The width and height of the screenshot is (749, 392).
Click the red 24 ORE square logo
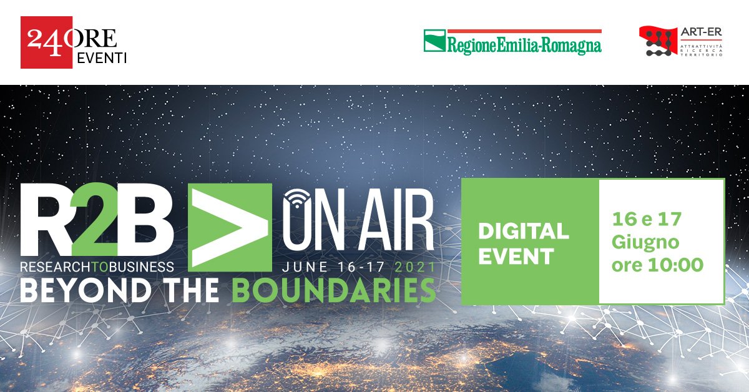[x=46, y=42]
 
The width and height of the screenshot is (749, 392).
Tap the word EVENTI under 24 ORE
[x=102, y=58]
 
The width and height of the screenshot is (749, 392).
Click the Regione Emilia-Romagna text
[x=524, y=46]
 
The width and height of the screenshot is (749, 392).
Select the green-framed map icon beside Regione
[x=434, y=41]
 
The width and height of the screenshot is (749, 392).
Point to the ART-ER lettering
[x=702, y=32]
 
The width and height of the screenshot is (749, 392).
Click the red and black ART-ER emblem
[x=656, y=41]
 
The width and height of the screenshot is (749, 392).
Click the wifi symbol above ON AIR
[x=297, y=198]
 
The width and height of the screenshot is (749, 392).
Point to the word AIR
[x=396, y=221]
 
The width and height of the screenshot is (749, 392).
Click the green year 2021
[x=415, y=267]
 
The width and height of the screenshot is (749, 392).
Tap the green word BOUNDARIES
[x=334, y=290]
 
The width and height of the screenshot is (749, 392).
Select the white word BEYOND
[x=86, y=290]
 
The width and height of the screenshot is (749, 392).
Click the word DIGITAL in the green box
[x=523, y=231]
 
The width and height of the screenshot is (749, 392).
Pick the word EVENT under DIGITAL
[x=516, y=257]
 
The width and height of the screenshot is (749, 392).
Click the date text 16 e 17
[x=647, y=219]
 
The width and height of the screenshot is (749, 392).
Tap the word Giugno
[x=645, y=242]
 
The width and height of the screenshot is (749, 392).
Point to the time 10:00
[x=675, y=265]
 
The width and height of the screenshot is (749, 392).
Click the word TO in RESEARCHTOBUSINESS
[x=100, y=267]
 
